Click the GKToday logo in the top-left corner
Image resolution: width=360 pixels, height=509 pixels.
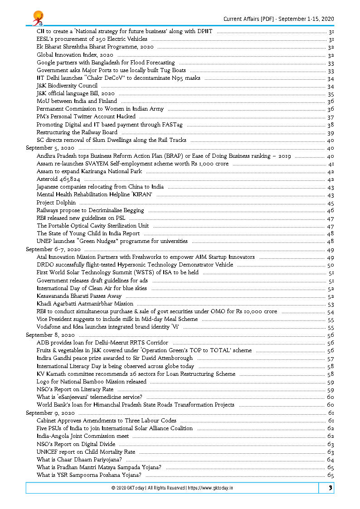pos(38,18)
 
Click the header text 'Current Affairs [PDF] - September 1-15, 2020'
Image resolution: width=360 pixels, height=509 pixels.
pos(278,19)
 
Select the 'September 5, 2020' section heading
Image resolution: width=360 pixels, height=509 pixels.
pos(50,148)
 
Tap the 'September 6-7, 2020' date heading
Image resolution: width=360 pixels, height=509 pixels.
pos(53,249)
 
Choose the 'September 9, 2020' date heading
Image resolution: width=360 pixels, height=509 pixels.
pos(50,413)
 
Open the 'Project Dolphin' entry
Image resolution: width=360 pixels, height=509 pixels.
pos(56,203)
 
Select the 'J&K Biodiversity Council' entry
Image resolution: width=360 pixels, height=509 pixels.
pos(67,85)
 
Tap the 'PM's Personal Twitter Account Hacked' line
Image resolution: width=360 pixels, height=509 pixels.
pos(86,116)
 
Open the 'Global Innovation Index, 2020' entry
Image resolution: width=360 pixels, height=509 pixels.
pos(75,54)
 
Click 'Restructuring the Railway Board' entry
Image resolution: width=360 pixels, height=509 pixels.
pos(77,132)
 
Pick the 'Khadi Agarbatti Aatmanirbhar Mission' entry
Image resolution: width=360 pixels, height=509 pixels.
pos(85,304)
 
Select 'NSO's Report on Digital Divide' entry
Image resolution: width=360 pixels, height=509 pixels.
pos(76,444)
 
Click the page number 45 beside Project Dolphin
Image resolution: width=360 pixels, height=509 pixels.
pos(331,203)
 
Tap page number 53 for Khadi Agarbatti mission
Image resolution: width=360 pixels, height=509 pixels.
pos(331,304)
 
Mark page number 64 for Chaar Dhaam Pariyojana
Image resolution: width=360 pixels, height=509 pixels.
pos(331,460)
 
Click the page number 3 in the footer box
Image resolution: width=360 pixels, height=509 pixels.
pos(331,488)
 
